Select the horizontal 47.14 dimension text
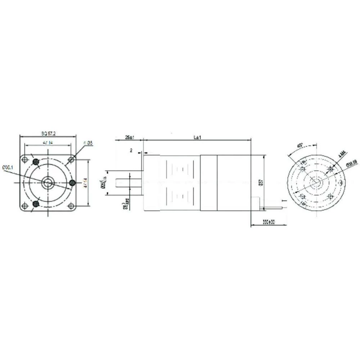click(x=48, y=143)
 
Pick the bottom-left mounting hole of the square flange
click(x=24, y=206)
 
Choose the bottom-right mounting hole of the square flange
click(x=71, y=206)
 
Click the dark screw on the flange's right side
click(x=72, y=183)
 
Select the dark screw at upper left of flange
click(x=36, y=162)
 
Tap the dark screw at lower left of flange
click(x=36, y=204)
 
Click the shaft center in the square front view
click(x=48, y=183)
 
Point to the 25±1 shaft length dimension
click(x=129, y=138)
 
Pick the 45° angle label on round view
click(x=300, y=146)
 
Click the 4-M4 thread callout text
click(x=342, y=155)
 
